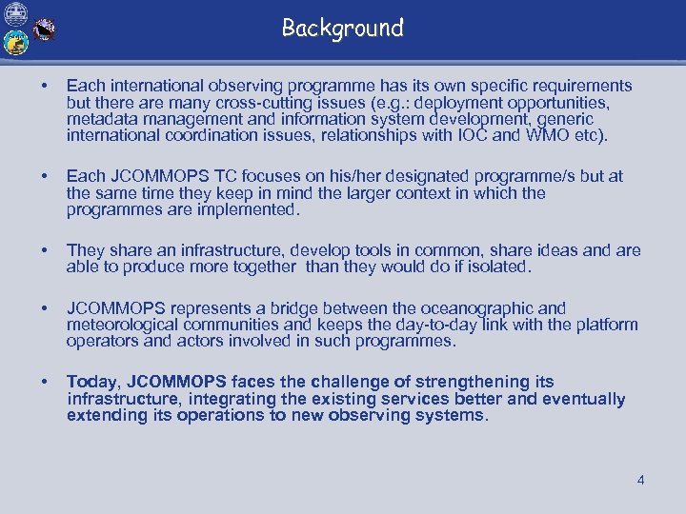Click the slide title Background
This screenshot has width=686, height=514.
click(343, 29)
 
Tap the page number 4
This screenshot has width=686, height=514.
click(641, 481)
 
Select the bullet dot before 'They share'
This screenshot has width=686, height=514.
click(37, 250)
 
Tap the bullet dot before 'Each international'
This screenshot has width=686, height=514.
click(37, 87)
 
